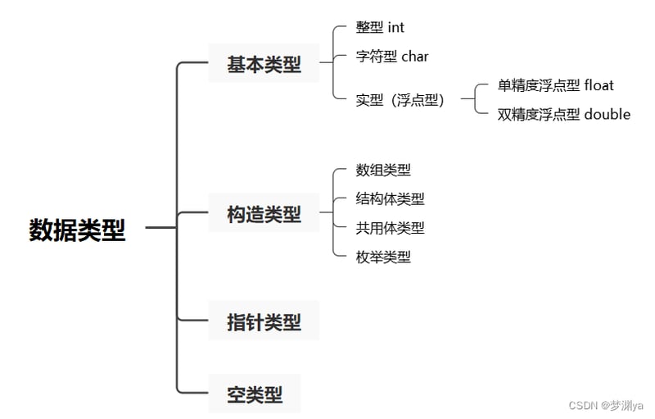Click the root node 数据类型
point(77,230)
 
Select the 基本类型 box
point(264,63)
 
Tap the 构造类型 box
point(264,213)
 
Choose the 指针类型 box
point(264,321)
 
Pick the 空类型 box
point(255,394)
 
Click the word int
point(396,27)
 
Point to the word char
point(415,56)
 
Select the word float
point(599,85)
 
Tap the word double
point(608,114)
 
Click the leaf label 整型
point(369,27)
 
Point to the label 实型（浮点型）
point(400,100)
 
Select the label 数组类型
point(383,170)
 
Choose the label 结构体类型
point(391,198)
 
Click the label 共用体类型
point(391,228)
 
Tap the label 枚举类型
point(383,257)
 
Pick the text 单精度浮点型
point(539,85)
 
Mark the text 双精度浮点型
point(539,114)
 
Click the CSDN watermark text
point(606,405)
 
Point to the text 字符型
point(377,57)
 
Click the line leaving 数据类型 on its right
point(160,227)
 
